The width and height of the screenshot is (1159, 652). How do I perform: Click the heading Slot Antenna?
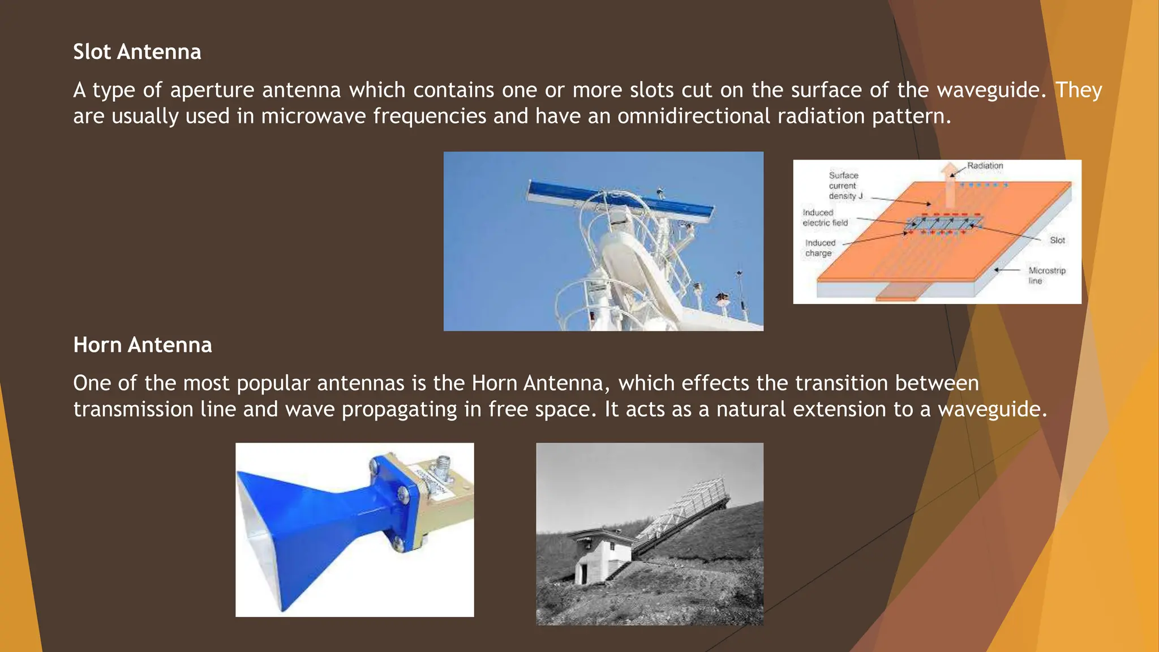137,52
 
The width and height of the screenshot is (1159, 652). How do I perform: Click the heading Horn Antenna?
142,345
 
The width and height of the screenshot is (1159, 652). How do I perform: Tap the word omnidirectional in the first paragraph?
694,116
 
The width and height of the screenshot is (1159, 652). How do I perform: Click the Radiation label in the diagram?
985,166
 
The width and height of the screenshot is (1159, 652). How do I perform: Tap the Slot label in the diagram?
1057,241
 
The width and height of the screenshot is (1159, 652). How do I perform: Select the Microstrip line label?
1046,276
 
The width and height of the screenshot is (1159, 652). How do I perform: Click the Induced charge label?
819,248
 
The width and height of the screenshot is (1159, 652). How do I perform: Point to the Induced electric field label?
825,218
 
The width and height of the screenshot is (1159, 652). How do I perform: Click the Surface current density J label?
845,186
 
